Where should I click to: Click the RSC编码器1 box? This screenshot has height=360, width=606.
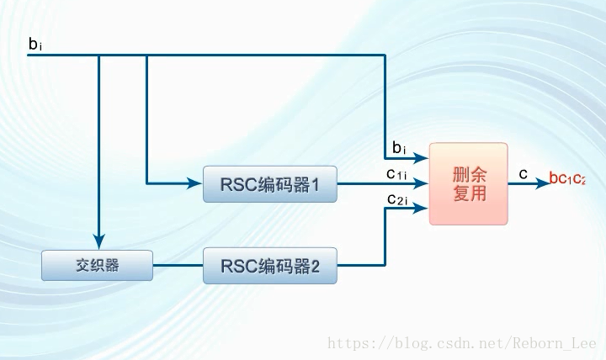(269, 184)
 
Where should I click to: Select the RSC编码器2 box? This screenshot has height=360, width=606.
(269, 267)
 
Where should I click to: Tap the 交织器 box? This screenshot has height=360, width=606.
(97, 266)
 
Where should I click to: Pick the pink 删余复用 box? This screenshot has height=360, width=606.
(469, 183)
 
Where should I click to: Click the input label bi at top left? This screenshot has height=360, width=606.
(35, 44)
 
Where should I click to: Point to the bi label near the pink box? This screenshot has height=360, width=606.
(399, 149)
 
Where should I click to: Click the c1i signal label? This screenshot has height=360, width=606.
(396, 174)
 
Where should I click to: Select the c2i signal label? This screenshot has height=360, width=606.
(396, 199)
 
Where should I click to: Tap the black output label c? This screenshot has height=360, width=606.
(523, 174)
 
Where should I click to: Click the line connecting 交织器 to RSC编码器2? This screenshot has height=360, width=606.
(178, 267)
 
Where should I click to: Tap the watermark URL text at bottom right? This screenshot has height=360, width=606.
(461, 343)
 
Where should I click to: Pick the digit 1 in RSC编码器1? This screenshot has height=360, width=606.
(316, 184)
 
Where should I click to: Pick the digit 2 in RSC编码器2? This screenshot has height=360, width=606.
(316, 267)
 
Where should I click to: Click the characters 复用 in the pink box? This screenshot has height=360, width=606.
(469, 194)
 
